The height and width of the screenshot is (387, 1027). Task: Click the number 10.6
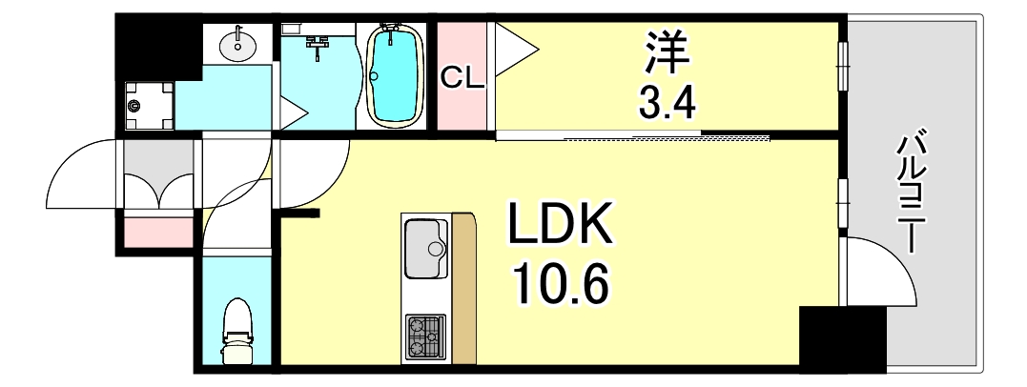(x=558, y=284)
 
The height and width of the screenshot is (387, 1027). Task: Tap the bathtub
(x=395, y=74)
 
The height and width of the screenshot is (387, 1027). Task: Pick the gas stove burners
(x=425, y=336)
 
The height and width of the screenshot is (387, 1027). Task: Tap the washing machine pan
(x=149, y=106)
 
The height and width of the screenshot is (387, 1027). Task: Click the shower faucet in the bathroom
(x=318, y=43)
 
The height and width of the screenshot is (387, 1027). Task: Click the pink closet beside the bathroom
(x=462, y=76)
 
